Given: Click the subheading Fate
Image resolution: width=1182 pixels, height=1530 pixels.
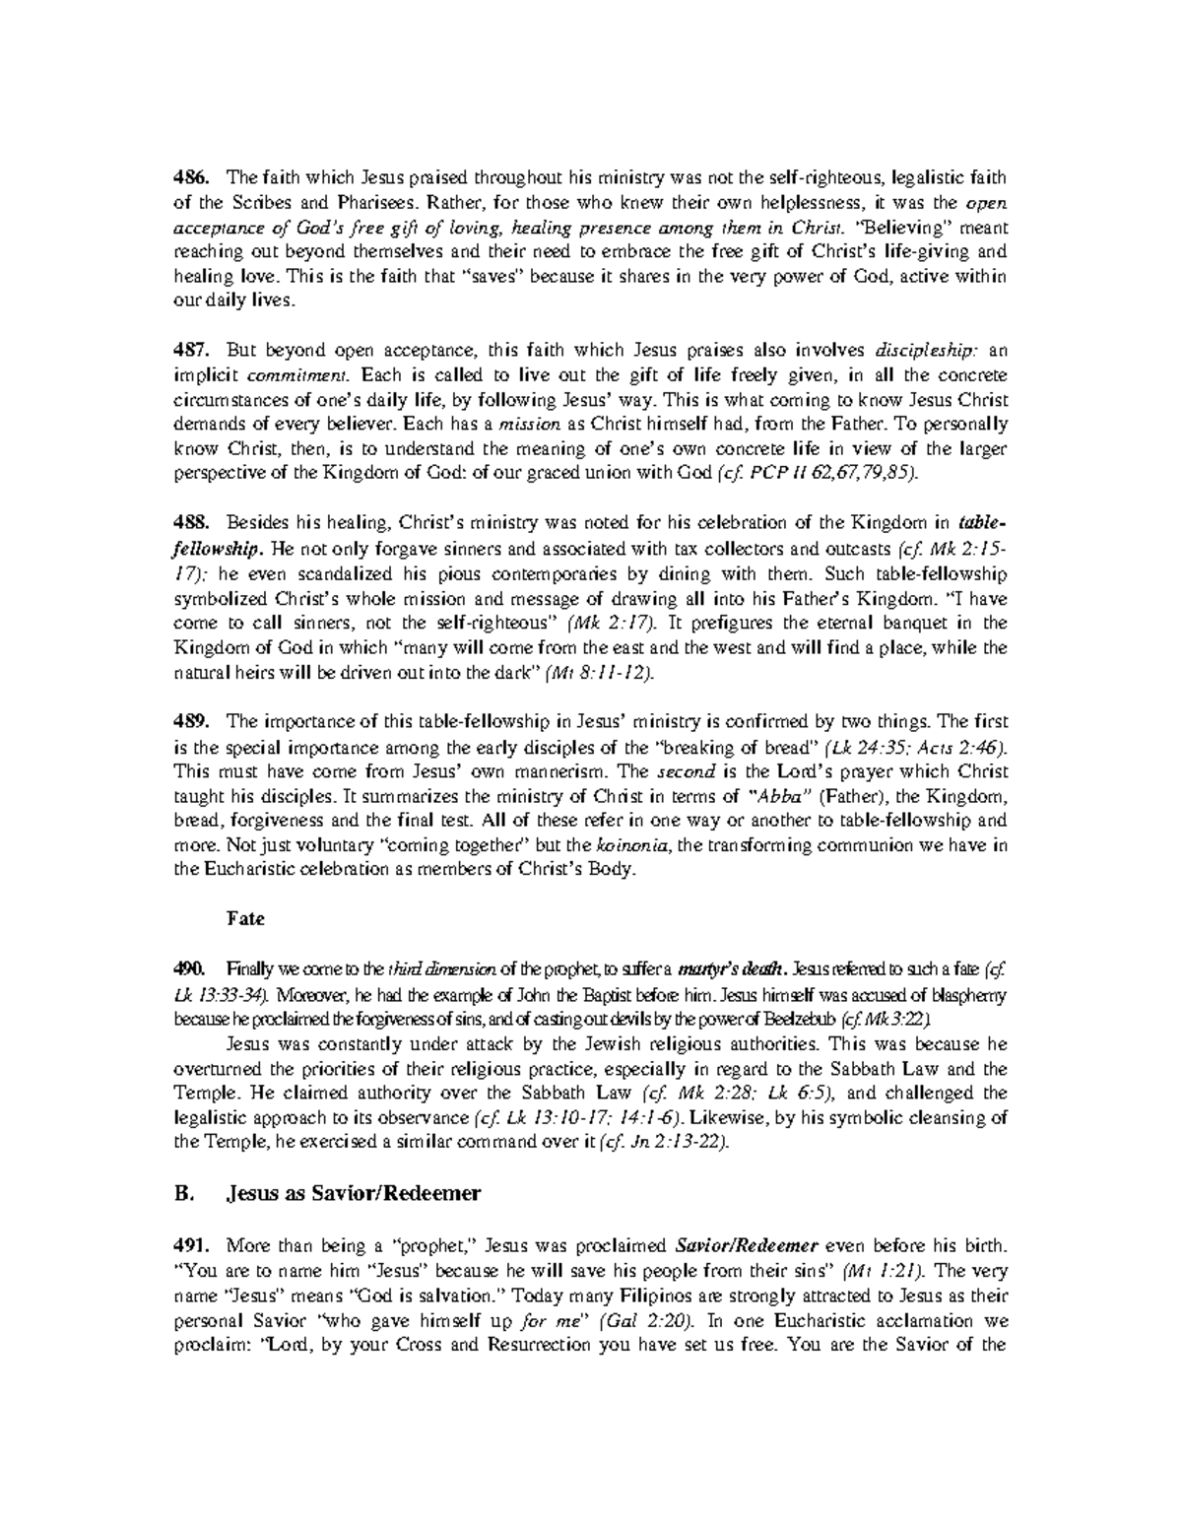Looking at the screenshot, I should pos(245,919).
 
